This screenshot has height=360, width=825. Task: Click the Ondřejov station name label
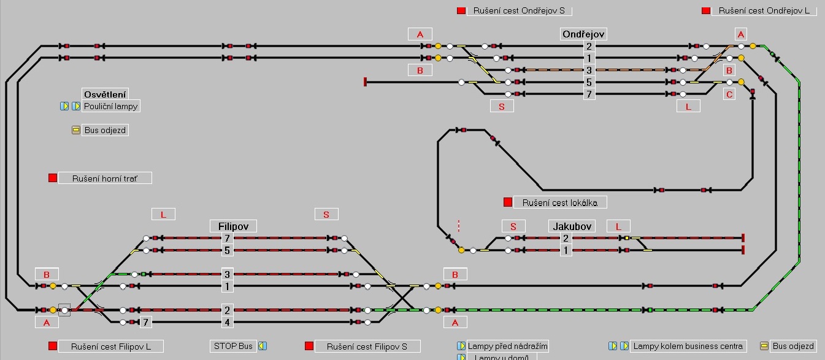(x=584, y=34)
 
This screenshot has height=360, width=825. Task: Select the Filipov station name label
(x=233, y=226)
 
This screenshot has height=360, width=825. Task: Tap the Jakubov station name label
(x=570, y=226)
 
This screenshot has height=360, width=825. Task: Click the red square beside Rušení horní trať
(x=53, y=178)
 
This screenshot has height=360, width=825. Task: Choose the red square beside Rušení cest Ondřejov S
(x=461, y=10)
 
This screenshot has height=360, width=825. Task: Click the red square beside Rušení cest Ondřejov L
(x=706, y=10)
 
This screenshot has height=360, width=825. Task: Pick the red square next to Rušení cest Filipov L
(x=53, y=346)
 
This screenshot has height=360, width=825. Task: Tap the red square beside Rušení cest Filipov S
(x=310, y=346)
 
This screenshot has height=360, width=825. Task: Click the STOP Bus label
(x=233, y=346)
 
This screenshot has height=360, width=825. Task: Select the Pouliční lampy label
(x=111, y=106)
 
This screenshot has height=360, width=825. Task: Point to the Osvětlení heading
(x=105, y=94)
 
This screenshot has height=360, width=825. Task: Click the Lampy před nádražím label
(x=507, y=346)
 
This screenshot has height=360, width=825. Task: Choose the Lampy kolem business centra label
(x=688, y=346)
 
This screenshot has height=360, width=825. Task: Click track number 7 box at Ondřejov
(x=589, y=94)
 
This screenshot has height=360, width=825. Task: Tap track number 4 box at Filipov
(x=227, y=322)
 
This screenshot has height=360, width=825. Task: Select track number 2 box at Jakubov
(x=566, y=238)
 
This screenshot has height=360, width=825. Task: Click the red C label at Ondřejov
(x=729, y=94)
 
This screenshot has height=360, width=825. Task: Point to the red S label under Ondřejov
(x=502, y=106)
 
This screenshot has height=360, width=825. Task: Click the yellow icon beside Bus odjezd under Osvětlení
(x=76, y=130)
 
